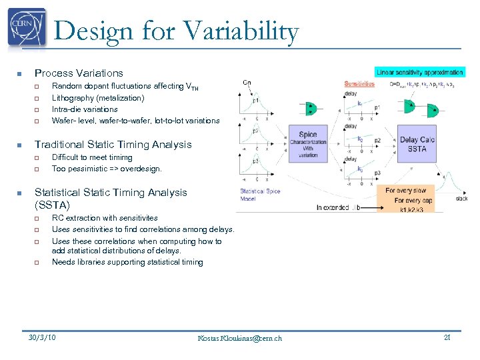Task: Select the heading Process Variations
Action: tap(79, 73)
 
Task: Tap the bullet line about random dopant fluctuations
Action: tap(125, 86)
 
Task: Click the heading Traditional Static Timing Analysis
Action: tap(113, 144)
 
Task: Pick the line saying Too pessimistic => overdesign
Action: tap(107, 169)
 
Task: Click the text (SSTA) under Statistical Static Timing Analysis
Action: tap(52, 205)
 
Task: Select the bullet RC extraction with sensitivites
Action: tap(105, 217)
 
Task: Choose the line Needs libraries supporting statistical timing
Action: tap(127, 262)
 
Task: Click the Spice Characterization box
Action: tap(308, 143)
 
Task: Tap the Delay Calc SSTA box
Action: tap(417, 144)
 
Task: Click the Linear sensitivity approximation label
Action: tap(420, 72)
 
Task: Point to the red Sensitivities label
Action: tap(359, 84)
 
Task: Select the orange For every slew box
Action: tap(405, 191)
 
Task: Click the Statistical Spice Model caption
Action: tap(260, 195)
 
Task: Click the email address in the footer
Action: tap(240, 338)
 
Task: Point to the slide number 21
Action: tap(447, 337)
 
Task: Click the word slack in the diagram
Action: tap(461, 198)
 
